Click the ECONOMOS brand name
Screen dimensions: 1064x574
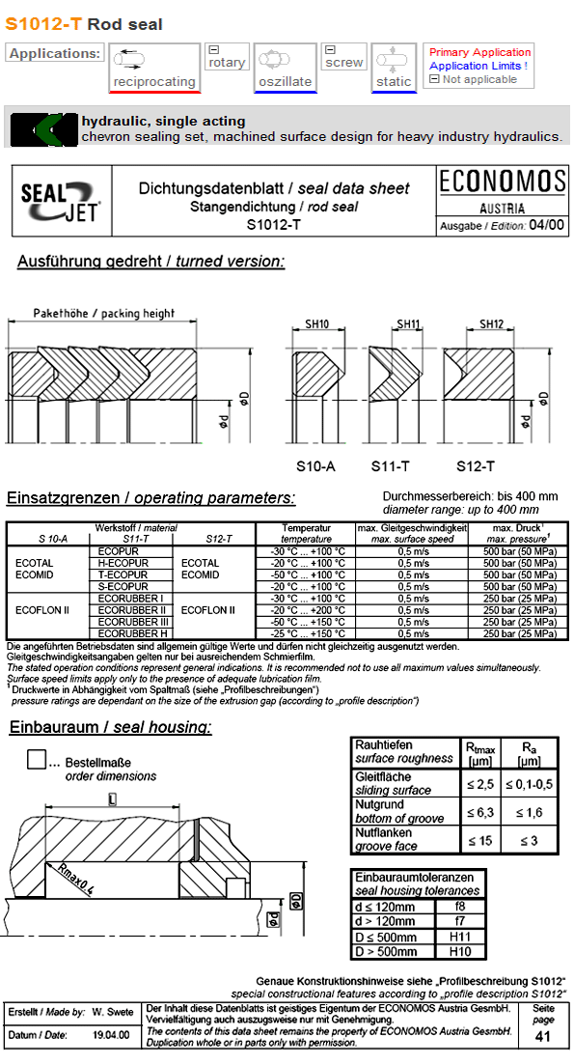tap(502, 182)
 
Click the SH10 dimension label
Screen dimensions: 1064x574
tap(317, 324)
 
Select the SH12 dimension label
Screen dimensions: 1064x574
tap(493, 324)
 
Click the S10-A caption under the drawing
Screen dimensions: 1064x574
tap(315, 465)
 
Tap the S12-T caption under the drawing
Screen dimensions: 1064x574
tap(476, 465)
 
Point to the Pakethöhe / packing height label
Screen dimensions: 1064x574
tap(104, 314)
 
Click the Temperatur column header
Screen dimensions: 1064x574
tap(307, 528)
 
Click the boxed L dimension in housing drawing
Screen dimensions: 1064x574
tap(113, 798)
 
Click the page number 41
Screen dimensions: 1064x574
tap(544, 1036)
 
